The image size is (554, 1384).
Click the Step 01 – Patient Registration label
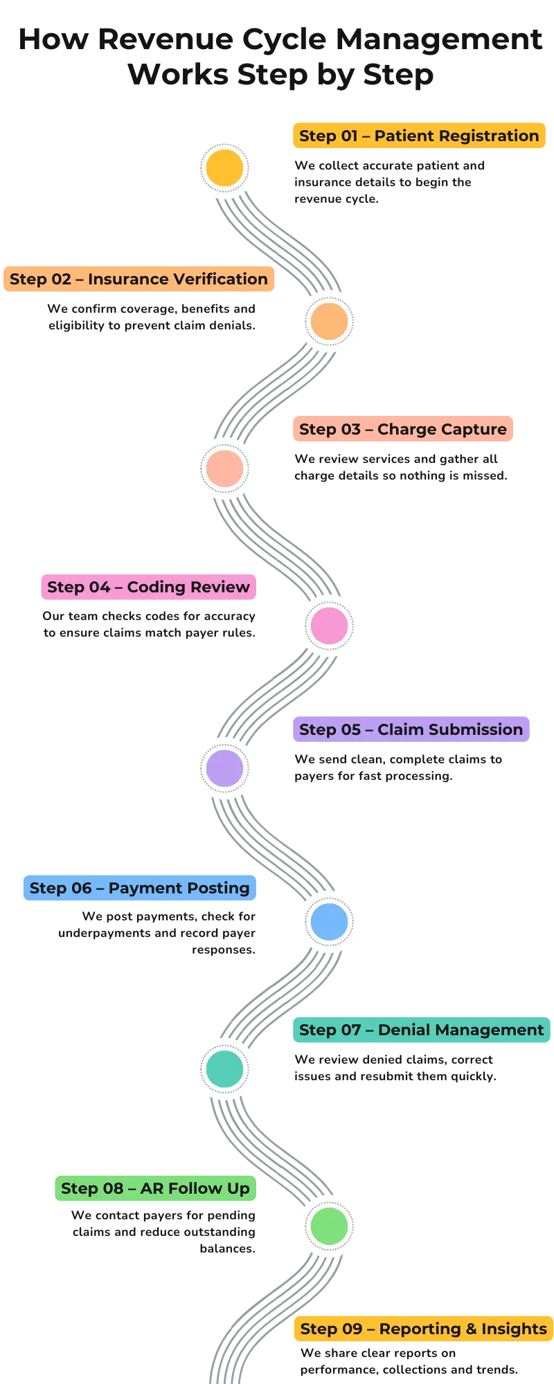coord(418,136)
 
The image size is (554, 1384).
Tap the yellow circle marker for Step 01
coord(224,167)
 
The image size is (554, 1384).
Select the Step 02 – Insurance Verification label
coord(138,279)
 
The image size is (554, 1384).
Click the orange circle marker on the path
coord(330,321)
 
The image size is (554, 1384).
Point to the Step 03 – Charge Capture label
coord(402,429)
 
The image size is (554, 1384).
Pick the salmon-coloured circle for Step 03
coord(224,468)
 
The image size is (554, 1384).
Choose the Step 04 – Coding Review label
coord(148,587)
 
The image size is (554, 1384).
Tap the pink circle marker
coord(330,625)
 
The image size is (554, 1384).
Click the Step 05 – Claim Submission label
coord(411,729)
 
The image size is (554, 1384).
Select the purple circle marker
coord(224,767)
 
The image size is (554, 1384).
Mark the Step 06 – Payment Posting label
coord(140,888)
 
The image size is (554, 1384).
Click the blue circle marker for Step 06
coord(330,921)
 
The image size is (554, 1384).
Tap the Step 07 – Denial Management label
coord(421,1030)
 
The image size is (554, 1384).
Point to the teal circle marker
coord(224,1068)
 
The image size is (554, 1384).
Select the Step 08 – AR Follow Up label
coord(155,1188)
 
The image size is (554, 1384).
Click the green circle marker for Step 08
coord(330,1226)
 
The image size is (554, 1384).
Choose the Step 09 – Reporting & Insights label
coord(423,1329)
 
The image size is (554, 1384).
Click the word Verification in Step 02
coord(222,279)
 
